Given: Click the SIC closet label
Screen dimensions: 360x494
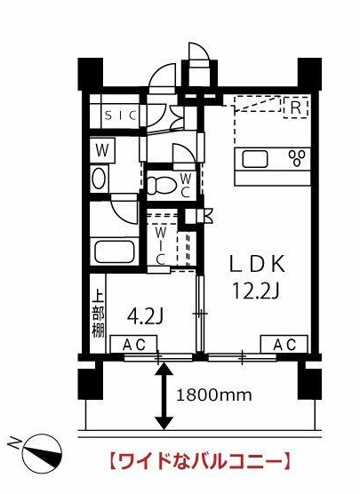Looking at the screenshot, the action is point(122,116).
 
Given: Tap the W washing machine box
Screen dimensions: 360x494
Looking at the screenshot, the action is point(102,151).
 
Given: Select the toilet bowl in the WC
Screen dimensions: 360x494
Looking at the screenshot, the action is point(161,184).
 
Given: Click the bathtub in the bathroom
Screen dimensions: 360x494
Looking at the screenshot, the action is point(114,252).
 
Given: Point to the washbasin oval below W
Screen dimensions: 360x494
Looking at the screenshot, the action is point(99,179).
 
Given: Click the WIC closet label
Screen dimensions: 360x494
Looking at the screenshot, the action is point(161,246).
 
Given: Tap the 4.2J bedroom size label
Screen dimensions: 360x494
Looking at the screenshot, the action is point(144,317).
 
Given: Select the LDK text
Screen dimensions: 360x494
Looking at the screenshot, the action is point(258,264).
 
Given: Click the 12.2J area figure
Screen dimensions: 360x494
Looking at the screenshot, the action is point(256,291).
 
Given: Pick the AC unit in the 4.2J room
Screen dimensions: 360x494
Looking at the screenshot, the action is point(133,345).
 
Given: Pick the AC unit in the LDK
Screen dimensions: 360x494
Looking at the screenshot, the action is point(284,344).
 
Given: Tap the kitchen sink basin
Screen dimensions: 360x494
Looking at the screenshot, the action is point(255,159).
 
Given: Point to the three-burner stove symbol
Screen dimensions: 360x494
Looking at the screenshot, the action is point(297,158).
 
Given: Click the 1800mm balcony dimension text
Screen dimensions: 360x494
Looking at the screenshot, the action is point(214,394).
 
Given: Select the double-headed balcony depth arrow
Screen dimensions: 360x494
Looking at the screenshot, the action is point(164,396).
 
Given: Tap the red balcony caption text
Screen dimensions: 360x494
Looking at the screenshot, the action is point(199,461).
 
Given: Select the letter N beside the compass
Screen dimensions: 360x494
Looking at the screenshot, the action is point(13,442).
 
